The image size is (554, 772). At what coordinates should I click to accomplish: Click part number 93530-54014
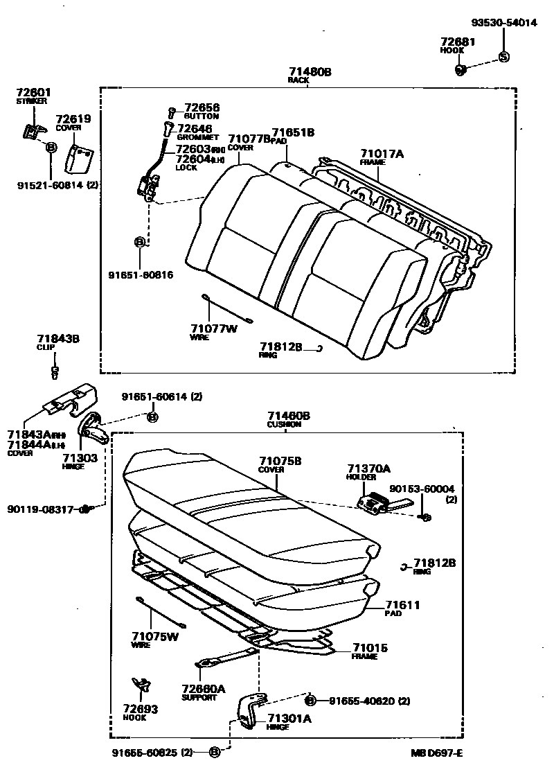503,22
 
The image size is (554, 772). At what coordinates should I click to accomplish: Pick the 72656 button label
202,108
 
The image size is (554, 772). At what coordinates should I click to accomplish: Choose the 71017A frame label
381,153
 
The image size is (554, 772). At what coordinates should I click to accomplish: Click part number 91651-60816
141,274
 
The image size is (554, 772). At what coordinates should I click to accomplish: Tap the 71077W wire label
213,328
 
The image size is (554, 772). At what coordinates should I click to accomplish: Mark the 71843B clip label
58,339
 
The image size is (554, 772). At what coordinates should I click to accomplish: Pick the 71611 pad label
402,605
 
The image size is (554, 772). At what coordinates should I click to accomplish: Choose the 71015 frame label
370,648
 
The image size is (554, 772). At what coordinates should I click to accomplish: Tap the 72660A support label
203,689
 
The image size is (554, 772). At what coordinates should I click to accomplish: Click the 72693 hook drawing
141,685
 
